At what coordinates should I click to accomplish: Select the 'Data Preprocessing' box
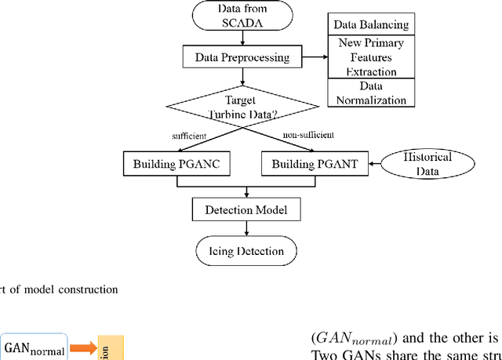click(x=246, y=56)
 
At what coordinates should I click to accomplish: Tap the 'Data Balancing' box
click(x=371, y=25)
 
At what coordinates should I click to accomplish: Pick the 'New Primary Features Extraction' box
click(x=371, y=58)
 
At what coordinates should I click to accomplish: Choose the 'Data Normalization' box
click(x=371, y=93)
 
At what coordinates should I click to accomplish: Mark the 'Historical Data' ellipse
click(x=427, y=163)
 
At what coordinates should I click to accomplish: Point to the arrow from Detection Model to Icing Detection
click(x=247, y=229)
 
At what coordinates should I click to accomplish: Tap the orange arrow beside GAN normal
click(x=81, y=347)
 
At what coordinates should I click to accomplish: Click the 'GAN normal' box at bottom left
click(x=34, y=347)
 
